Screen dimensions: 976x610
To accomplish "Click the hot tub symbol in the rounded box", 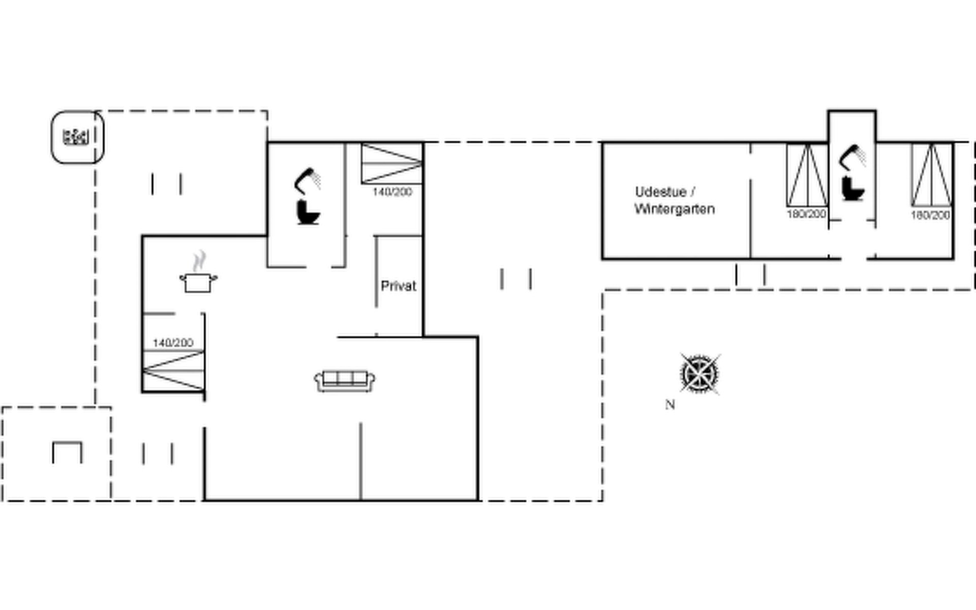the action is click(76, 137).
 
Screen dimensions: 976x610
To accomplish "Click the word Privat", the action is click(399, 286).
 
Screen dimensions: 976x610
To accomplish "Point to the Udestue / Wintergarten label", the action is click(675, 200).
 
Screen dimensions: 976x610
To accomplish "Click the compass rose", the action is click(700, 374).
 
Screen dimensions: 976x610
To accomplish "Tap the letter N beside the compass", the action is click(670, 405).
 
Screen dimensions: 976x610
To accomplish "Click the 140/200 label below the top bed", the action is click(392, 192).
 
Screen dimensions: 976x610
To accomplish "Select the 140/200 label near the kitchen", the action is click(173, 343).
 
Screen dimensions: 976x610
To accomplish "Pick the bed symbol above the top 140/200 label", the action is click(392, 163).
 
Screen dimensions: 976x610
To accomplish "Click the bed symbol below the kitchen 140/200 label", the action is click(174, 371).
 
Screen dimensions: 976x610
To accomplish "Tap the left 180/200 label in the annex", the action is click(806, 214).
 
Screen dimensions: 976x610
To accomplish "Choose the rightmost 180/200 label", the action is click(930, 215).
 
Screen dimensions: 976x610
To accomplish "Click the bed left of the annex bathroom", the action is click(807, 175).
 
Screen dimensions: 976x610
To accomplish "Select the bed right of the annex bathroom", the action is click(931, 175).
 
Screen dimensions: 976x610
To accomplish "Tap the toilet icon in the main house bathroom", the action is click(308, 212).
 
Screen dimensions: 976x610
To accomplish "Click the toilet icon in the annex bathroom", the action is click(852, 188).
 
